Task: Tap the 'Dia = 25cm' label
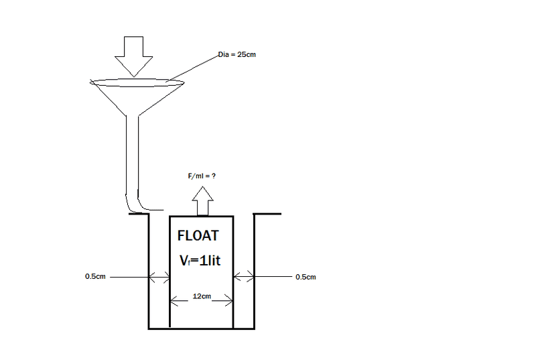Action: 237,55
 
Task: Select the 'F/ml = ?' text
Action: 202,176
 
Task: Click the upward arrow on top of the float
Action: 203,201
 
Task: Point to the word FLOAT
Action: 198,235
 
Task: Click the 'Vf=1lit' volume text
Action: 200,261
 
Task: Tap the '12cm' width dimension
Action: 202,296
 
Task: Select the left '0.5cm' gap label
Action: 95,276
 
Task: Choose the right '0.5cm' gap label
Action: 306,277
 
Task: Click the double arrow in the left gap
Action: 159,277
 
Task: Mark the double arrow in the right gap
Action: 244,276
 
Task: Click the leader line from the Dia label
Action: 192,68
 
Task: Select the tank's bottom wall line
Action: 202,328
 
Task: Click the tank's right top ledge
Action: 267,214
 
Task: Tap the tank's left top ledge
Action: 139,214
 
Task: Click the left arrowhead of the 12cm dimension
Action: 174,301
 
